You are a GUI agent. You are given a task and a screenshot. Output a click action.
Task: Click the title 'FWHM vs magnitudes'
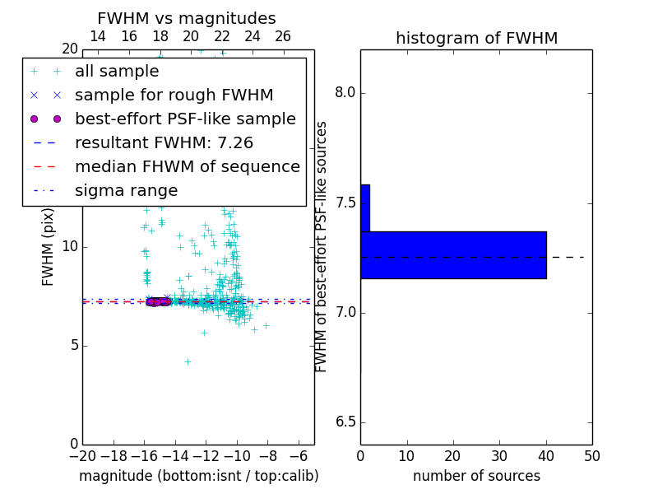187,18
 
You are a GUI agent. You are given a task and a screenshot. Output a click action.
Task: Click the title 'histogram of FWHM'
476,38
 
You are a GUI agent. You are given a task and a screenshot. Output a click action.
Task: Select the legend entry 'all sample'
117,72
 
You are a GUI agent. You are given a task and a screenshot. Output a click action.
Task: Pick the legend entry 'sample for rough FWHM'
174,96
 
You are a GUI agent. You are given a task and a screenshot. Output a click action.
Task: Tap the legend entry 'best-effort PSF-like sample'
185,119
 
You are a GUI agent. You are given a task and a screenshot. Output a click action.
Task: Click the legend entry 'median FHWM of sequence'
187,167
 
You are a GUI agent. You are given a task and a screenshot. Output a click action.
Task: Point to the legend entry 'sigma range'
126,191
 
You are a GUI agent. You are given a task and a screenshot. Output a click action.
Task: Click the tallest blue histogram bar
453,255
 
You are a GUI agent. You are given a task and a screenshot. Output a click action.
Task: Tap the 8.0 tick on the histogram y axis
345,93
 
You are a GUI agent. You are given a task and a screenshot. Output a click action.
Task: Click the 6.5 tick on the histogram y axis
345,422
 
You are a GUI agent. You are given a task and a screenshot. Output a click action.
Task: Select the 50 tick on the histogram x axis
591,455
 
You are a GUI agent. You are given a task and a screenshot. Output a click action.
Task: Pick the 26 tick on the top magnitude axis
283,36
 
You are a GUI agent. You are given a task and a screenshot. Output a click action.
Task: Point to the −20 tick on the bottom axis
82,455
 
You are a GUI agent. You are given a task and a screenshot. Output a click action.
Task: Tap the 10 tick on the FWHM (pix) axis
69,246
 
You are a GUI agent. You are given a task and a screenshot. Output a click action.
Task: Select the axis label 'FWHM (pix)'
49,246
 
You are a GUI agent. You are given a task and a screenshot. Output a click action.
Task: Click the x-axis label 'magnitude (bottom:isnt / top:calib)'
198,476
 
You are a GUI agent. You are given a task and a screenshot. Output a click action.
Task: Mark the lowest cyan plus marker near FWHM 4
188,361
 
